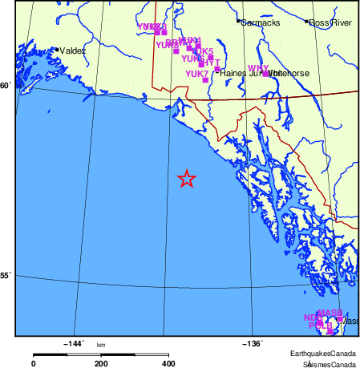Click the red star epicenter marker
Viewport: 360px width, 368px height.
pyautogui.click(x=186, y=179)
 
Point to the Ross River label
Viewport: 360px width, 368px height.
pyautogui.click(x=328, y=22)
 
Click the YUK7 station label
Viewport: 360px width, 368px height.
pyautogui.click(x=197, y=74)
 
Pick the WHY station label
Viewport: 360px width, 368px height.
pyautogui.click(x=258, y=68)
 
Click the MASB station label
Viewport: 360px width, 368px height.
pyautogui.click(x=330, y=313)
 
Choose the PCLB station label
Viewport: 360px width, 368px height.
pyautogui.click(x=320, y=326)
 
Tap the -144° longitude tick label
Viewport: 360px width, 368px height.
pyautogui.click(x=73, y=344)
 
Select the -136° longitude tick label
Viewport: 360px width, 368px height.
pyautogui.click(x=253, y=344)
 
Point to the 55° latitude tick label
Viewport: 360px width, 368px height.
pyautogui.click(x=6, y=277)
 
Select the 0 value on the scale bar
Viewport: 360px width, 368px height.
pyautogui.click(x=34, y=363)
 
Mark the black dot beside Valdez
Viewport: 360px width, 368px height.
pyautogui.click(x=56, y=50)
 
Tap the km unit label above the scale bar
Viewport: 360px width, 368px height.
pyautogui.click(x=101, y=345)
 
